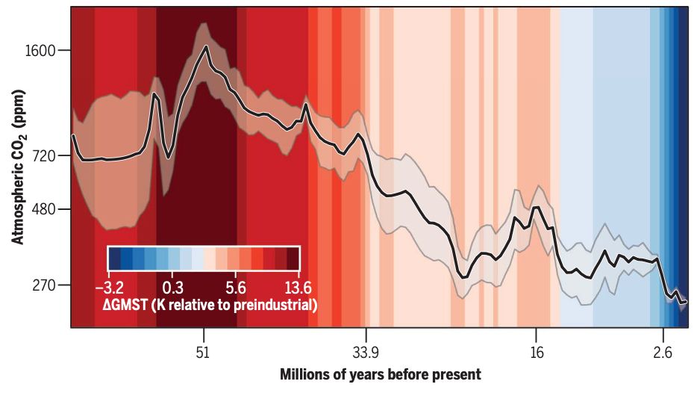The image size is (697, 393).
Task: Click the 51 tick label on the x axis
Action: [x=201, y=352]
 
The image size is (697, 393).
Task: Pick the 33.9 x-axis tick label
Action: [x=366, y=352]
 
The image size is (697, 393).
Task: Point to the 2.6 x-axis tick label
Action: [x=661, y=352]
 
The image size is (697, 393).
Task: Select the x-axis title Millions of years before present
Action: [x=380, y=374]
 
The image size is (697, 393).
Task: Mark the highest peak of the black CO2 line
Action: [x=205, y=47]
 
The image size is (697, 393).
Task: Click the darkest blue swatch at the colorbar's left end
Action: [x=114, y=259]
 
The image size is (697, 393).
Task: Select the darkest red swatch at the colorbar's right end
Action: [x=293, y=259]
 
